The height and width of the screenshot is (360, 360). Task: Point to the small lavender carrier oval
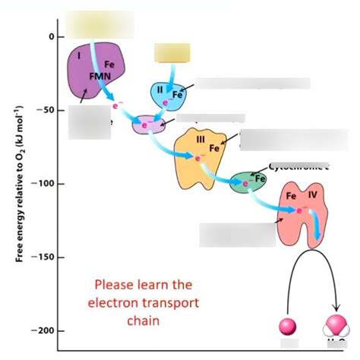click(149, 125)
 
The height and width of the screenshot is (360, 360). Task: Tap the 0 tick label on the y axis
click(52, 36)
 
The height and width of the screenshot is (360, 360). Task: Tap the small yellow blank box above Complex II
click(171, 52)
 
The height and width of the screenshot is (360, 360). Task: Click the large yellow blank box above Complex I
click(99, 24)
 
